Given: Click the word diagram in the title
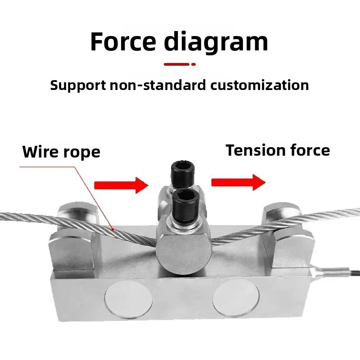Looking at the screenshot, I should click(216, 42).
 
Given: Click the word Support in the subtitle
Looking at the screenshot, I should click(78, 85).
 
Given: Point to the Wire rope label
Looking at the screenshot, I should click(61, 152).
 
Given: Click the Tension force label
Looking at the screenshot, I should click(278, 150).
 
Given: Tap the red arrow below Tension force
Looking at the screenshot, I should click(238, 182).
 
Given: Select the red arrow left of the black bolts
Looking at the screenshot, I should click(121, 184).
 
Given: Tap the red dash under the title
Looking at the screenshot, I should click(176, 64).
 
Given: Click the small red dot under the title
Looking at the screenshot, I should click(193, 64).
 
